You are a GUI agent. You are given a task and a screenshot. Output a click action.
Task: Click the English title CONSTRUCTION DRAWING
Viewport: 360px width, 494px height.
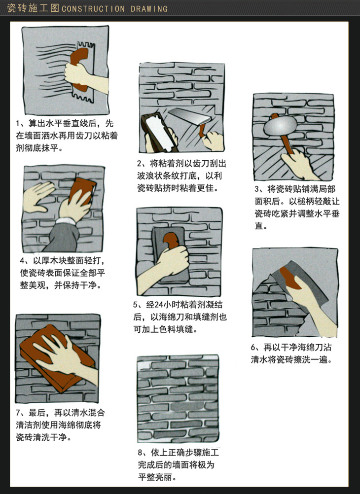(x=114, y=8)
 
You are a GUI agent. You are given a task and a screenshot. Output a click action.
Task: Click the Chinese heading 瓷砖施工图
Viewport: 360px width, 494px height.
(x=33, y=8)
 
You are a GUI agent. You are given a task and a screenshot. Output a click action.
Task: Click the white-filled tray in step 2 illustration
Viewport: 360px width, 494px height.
(x=159, y=131)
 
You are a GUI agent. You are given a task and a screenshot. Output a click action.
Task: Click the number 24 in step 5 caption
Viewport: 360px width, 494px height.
(x=159, y=305)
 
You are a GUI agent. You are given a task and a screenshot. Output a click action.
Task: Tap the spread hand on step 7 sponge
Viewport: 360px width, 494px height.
(x=65, y=356)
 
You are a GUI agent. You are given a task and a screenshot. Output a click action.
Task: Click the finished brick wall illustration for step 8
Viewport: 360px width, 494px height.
(x=178, y=398)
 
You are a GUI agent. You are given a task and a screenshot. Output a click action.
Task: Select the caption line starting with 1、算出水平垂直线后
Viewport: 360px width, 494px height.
(x=65, y=123)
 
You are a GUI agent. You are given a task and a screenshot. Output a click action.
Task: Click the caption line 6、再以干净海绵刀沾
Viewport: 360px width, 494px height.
(x=291, y=347)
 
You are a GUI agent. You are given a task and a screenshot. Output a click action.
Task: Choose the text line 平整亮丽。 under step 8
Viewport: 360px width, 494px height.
(x=157, y=477)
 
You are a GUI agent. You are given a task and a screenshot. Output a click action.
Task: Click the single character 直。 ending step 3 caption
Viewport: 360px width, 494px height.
(x=261, y=226)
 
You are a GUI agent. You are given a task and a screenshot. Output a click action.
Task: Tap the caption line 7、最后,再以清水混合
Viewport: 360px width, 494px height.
(x=61, y=412)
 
